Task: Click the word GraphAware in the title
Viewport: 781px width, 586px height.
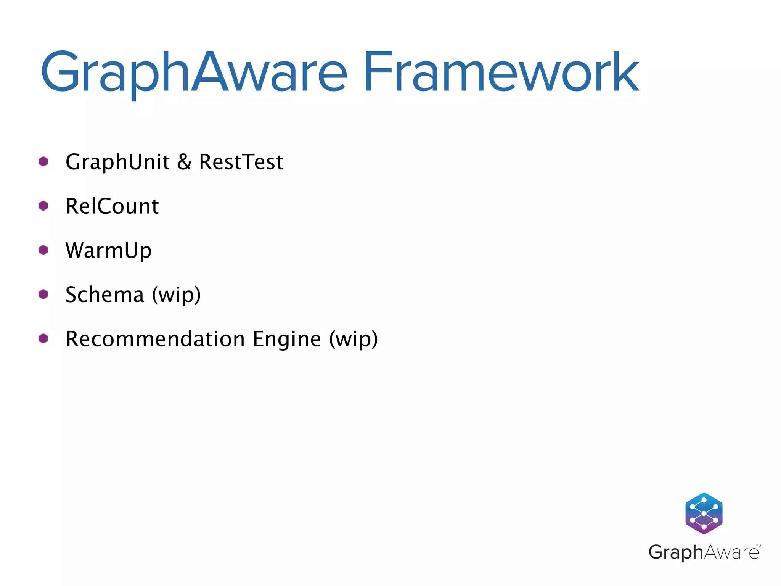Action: (194, 72)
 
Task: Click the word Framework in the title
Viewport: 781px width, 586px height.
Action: (501, 72)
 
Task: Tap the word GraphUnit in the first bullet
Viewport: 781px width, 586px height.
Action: (117, 162)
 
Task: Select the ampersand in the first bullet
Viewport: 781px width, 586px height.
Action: (184, 162)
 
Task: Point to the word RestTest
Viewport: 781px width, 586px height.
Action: (241, 162)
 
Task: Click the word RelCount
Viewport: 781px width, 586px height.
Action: (112, 206)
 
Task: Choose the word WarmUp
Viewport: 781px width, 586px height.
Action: (109, 251)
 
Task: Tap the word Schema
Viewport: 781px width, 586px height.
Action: (105, 295)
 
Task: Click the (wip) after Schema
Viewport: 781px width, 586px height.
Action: (176, 295)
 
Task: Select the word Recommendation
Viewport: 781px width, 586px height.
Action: (155, 339)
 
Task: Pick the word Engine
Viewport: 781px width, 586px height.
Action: (287, 339)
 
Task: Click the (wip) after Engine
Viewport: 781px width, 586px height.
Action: (354, 339)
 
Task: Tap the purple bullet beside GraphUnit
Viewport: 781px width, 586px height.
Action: (43, 162)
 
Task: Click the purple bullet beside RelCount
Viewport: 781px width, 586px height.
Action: (43, 206)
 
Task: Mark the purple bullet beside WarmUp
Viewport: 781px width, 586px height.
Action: (43, 250)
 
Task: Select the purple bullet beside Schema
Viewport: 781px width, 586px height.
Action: (43, 295)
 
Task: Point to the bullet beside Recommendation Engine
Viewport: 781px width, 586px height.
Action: (43, 339)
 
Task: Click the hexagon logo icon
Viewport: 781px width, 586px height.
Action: (704, 513)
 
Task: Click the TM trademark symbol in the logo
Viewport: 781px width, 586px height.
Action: (759, 546)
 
